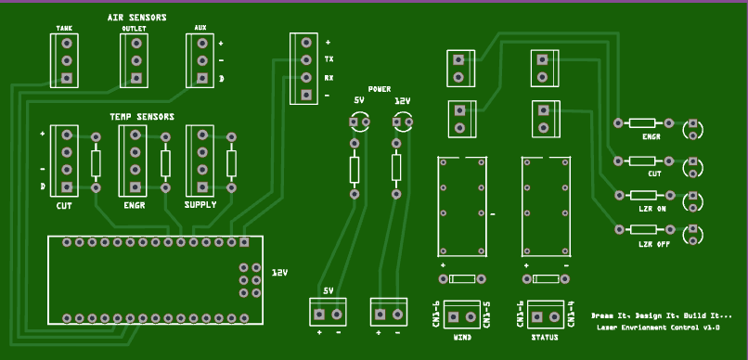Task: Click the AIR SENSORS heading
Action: point(136,18)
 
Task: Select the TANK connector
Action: point(65,61)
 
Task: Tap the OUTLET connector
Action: point(135,61)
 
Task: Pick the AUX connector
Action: point(200,61)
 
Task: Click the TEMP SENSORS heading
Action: point(141,117)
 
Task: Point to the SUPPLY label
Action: point(200,205)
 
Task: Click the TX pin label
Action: point(329,59)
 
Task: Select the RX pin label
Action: point(329,77)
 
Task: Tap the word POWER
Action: point(379,89)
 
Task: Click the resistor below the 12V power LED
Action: point(396,168)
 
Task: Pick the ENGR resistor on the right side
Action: point(641,122)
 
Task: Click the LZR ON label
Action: point(652,210)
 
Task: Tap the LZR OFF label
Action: point(653,244)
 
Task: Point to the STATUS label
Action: point(544,337)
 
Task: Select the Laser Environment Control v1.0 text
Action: point(658,328)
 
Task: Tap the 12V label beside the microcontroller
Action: point(279,274)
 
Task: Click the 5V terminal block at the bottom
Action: point(329,311)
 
